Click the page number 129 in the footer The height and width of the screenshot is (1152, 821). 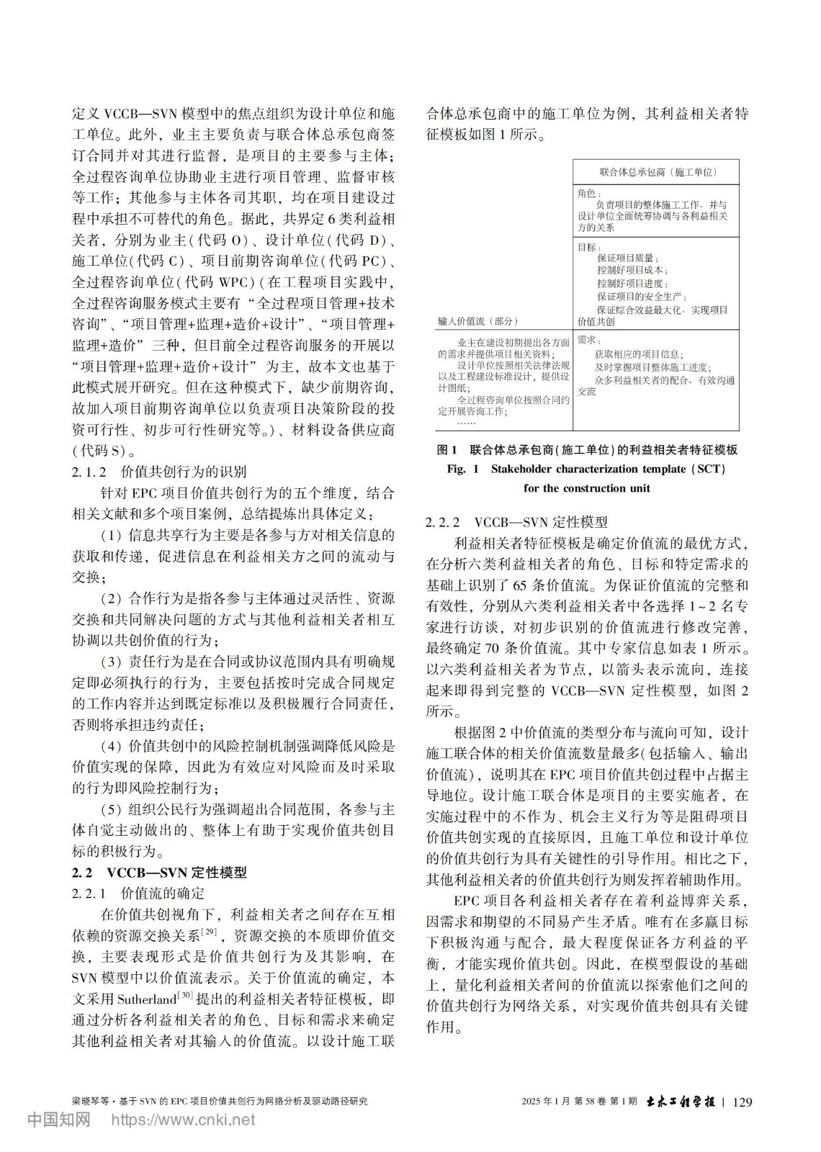(x=741, y=1101)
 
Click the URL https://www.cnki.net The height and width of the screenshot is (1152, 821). (x=182, y=1120)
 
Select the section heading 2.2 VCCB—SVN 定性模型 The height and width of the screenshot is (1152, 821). (x=159, y=872)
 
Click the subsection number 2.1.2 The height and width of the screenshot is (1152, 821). (x=89, y=472)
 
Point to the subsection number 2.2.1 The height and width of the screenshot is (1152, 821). (x=89, y=894)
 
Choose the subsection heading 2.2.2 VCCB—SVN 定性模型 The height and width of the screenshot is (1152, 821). (x=517, y=522)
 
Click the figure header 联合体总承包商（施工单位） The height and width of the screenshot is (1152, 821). (x=658, y=173)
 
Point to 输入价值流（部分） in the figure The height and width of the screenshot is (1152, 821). (x=477, y=321)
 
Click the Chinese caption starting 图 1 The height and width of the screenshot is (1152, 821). (x=587, y=451)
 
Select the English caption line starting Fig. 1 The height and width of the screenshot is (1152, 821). (x=586, y=469)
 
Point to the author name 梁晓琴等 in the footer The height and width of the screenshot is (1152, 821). (x=90, y=1102)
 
